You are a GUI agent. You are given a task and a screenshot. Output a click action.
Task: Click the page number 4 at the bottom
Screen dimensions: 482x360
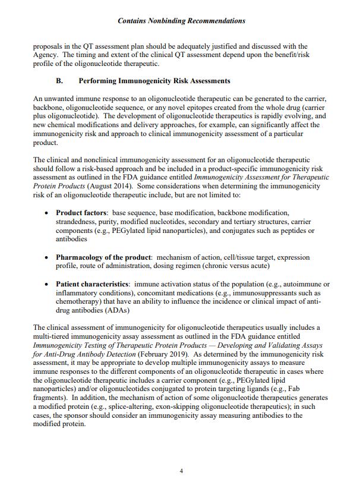(x=181, y=471)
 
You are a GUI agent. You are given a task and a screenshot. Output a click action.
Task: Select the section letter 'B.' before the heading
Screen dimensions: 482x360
(x=59, y=81)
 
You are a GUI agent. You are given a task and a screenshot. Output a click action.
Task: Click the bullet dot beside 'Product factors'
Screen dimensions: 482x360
(x=47, y=213)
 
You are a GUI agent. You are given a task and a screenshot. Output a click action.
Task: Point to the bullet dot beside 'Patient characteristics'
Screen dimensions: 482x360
(x=47, y=284)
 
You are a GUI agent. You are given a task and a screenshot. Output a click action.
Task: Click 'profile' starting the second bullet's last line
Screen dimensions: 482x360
(x=67, y=266)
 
